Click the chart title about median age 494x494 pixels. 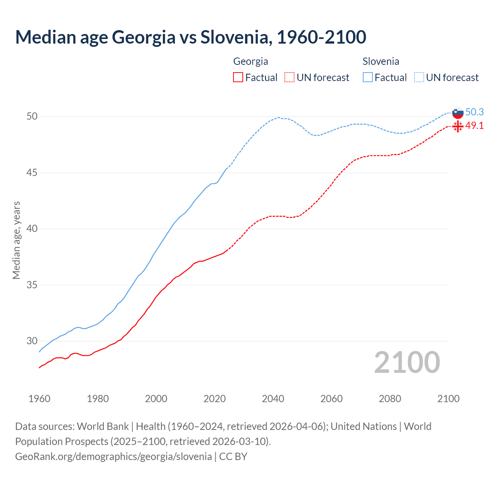coord(191,37)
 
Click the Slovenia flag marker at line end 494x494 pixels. coord(458,113)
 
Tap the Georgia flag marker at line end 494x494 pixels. coord(458,126)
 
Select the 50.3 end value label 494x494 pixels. coord(474,112)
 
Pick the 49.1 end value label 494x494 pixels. coord(474,126)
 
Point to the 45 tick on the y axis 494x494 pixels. coord(32,173)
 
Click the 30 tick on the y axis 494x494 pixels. coord(32,341)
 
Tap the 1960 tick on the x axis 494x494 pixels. coord(39,399)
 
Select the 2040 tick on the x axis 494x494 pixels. coord(273,399)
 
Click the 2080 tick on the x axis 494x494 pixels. coord(390,399)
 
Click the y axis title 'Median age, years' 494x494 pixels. coord(16,240)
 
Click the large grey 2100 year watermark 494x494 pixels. coord(407,362)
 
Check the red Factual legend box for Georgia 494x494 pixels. coord(238,78)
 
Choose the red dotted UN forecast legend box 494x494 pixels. coord(289,78)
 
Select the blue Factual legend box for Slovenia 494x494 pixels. coord(368,78)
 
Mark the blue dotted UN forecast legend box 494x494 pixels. coord(419,78)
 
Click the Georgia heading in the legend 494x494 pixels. coord(250,61)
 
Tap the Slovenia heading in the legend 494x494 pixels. coord(381,61)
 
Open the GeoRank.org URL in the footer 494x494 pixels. coord(113,457)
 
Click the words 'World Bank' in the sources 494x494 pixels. coord(103,426)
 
